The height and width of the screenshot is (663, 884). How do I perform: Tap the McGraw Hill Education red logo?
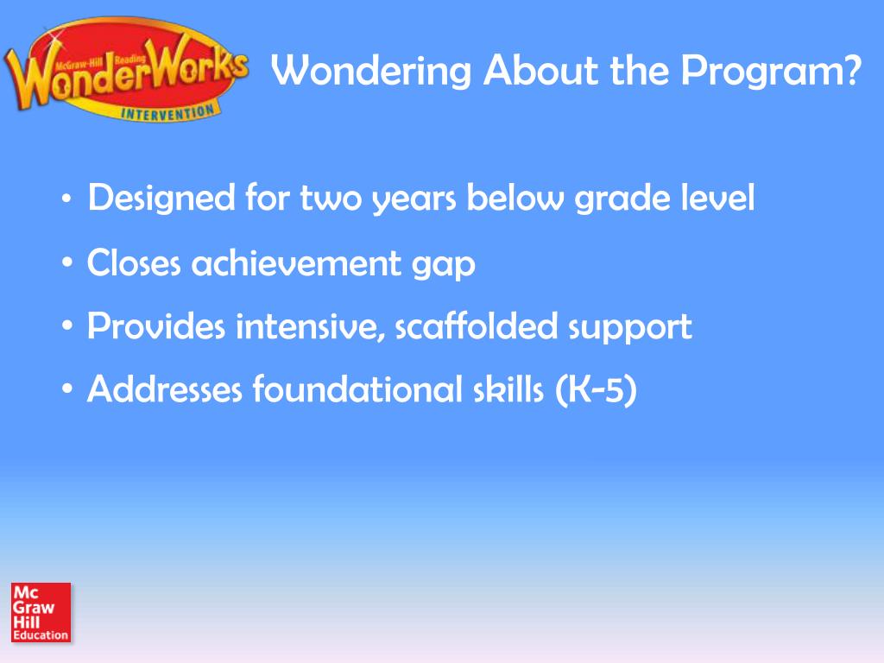[x=41, y=612]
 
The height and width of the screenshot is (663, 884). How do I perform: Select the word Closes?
[x=135, y=263]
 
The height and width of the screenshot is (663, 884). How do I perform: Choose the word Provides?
[x=157, y=326]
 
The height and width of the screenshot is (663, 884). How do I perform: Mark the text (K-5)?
[x=596, y=391]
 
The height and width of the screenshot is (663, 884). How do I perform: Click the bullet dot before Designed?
[x=67, y=201]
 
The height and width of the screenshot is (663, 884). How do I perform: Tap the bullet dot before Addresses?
[x=67, y=392]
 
